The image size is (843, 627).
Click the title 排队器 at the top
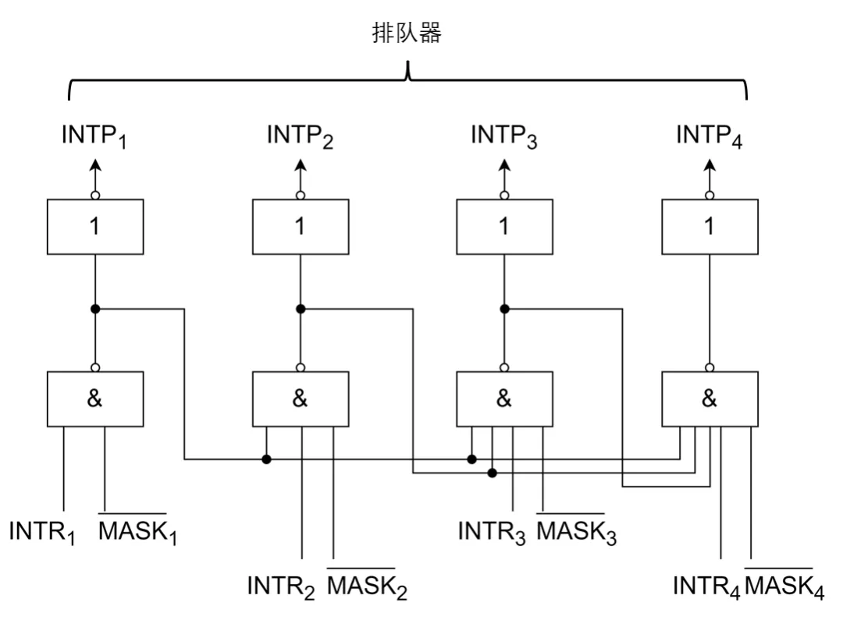click(x=407, y=33)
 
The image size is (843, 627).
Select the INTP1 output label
click(x=94, y=136)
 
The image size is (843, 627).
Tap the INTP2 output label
click(x=300, y=136)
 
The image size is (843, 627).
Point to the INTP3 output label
click(x=503, y=136)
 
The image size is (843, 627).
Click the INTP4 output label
click(x=709, y=136)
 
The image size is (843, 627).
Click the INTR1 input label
click(x=42, y=533)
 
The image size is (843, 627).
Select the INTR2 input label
click(x=281, y=586)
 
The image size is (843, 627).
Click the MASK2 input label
click(x=367, y=585)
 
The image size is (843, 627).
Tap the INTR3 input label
click(x=492, y=533)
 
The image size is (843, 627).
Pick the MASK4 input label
click(x=784, y=585)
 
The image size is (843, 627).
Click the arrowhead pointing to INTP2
click(x=301, y=165)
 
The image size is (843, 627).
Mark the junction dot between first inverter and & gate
click(x=95, y=309)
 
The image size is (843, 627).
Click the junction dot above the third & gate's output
click(x=504, y=309)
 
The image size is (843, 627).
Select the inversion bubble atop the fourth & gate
click(x=710, y=367)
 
